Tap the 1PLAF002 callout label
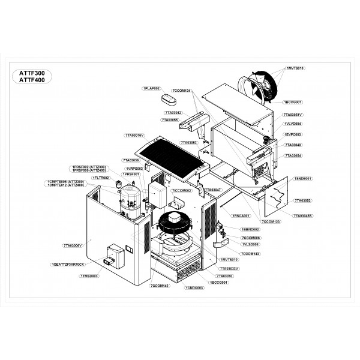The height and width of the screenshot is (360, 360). point(152,88)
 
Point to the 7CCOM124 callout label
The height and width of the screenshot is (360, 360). point(181,90)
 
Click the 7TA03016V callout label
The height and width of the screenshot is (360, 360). point(134,136)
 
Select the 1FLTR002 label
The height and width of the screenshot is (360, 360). point(101,178)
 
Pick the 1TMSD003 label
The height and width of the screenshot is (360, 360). point(89,275)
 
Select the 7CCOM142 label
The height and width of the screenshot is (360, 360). point(160,286)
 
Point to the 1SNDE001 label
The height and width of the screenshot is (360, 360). point(303,179)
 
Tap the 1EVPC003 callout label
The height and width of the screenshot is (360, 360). point(293,134)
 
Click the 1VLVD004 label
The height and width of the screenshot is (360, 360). point(293,124)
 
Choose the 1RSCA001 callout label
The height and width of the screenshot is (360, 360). point(241,215)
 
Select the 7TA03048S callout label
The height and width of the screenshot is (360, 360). point(302,215)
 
